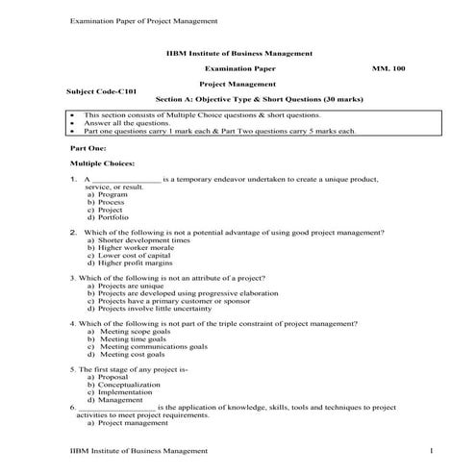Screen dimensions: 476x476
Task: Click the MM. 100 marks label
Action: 388,70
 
